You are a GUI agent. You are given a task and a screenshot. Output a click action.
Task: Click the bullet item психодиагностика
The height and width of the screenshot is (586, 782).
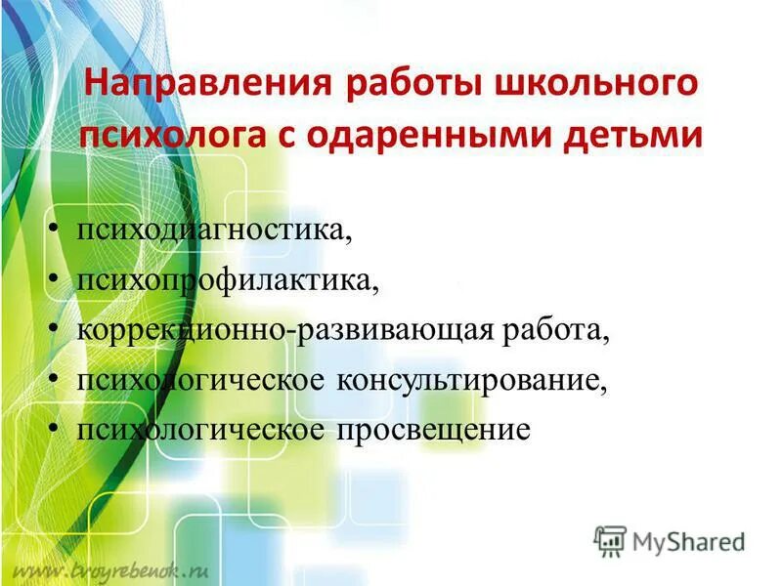pos(214,233)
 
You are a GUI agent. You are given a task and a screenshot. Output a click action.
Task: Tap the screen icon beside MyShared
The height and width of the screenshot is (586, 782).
pos(610,540)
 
